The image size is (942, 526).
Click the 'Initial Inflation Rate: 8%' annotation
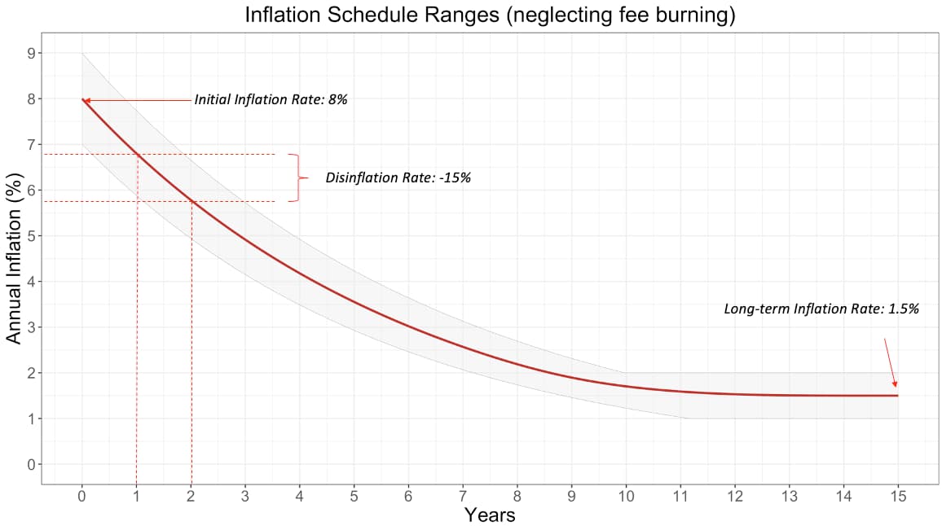pos(271,100)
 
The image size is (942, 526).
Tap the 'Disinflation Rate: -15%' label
pos(398,178)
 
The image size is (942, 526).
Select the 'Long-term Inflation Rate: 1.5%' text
pos(821,309)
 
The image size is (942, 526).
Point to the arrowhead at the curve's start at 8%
pos(86,100)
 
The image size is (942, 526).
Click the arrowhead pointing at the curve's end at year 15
pos(895,384)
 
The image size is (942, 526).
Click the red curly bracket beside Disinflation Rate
pos(299,178)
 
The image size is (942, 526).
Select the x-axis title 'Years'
pos(490,515)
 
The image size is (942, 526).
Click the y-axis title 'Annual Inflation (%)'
pos(14,259)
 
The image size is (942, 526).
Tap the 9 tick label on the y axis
pos(32,53)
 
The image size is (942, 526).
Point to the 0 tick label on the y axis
pos(32,465)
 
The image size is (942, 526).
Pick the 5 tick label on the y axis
pos(32,236)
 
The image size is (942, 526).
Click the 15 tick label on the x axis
pos(897,494)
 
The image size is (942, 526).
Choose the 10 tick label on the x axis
pos(626,494)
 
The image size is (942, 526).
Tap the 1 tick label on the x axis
pos(136,494)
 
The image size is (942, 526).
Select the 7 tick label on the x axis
pos(463,494)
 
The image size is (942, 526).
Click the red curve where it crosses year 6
pos(408,326)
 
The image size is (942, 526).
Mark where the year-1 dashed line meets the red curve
pos(136,154)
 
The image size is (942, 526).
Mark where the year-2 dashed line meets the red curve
pos(191,200)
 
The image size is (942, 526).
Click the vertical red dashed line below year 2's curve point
pos(191,342)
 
